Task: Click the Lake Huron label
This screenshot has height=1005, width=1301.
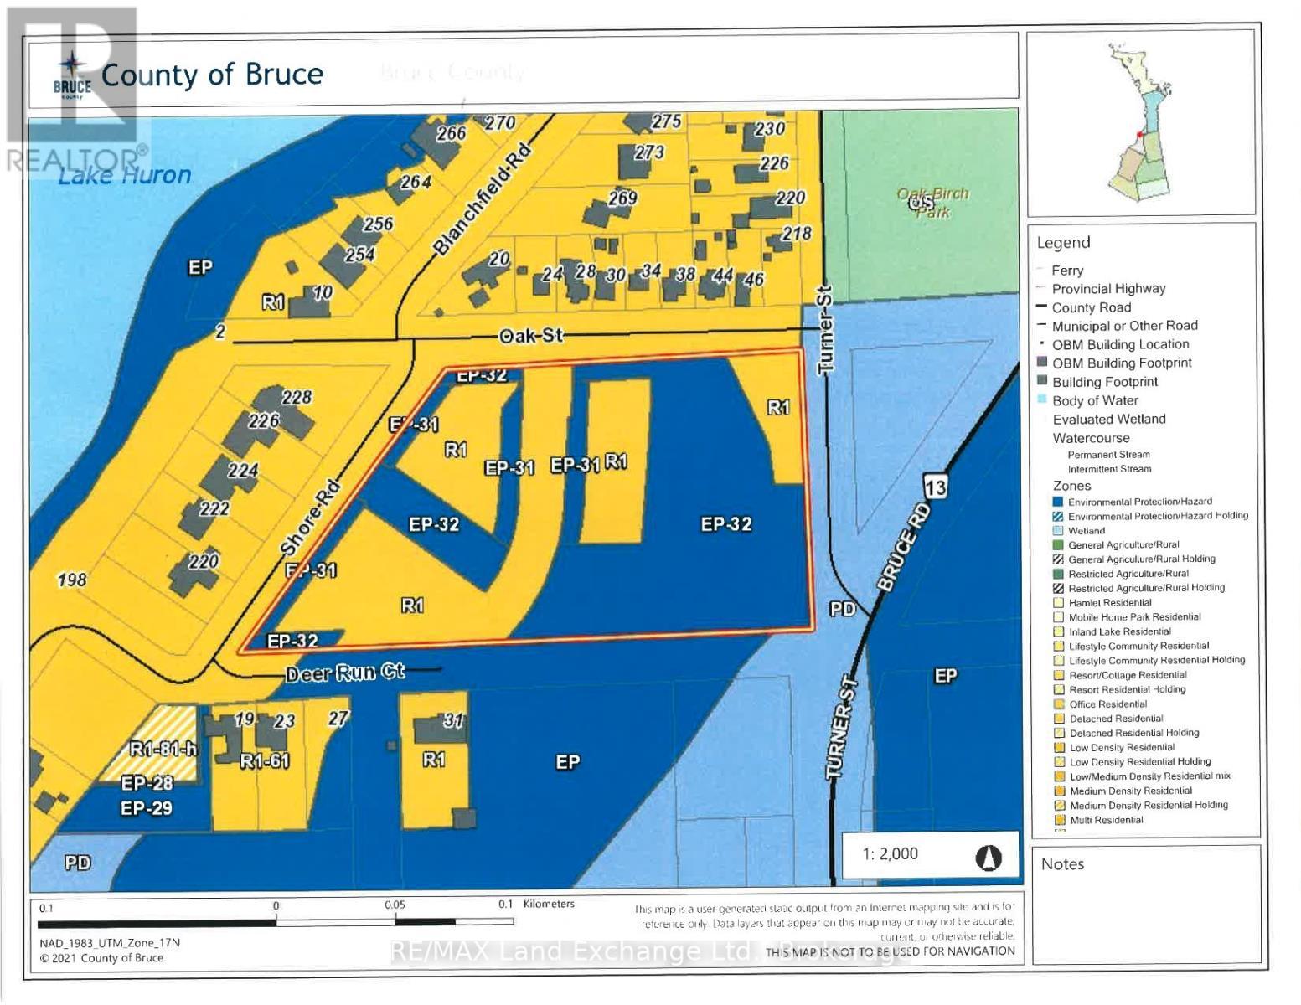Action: (x=125, y=175)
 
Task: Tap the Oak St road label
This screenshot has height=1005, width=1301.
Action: (x=531, y=336)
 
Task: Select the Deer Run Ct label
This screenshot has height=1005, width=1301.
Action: (x=344, y=673)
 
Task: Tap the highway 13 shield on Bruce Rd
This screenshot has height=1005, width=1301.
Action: (x=936, y=486)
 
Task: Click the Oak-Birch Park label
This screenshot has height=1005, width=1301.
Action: (x=932, y=202)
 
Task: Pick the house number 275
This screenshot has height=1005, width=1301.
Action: (x=666, y=121)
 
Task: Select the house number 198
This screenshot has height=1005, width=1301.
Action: (x=72, y=579)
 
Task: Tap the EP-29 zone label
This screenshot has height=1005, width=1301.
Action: (x=147, y=807)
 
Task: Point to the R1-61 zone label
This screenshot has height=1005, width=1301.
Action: (x=264, y=761)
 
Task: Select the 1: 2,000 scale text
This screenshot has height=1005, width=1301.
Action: (x=890, y=853)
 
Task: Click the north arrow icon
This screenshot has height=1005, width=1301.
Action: (x=989, y=858)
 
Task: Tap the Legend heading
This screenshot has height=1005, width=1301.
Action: (x=1063, y=243)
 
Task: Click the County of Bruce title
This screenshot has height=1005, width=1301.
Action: (x=212, y=75)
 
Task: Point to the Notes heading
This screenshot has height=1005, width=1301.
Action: (x=1062, y=863)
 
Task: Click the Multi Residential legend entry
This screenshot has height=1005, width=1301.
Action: (x=1105, y=820)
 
